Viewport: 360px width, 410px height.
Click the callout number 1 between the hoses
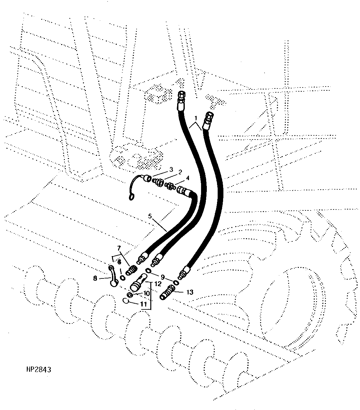tap(196, 118)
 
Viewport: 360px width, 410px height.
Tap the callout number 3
tap(171, 169)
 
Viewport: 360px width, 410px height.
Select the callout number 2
tap(180, 172)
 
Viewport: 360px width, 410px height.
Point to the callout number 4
tap(188, 178)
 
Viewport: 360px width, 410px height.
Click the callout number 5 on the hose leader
tap(150, 216)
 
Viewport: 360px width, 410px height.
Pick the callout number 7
tap(119, 248)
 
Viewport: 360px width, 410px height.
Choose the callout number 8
tap(95, 278)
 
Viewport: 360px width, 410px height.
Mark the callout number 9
tap(163, 277)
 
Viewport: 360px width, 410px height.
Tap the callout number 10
tap(146, 293)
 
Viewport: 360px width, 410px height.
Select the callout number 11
tap(144, 304)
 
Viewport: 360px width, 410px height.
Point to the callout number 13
tap(190, 292)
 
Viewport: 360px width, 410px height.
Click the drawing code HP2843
tap(39, 370)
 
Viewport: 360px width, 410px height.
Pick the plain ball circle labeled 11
tap(126, 301)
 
